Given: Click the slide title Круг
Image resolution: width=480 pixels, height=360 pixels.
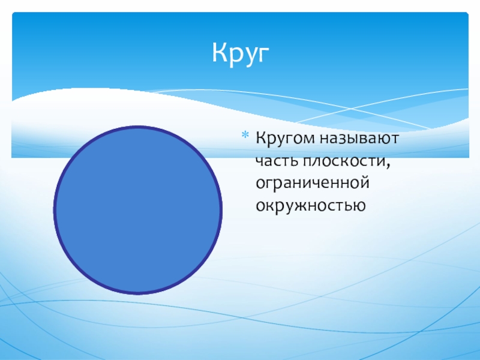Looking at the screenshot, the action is (x=241, y=53).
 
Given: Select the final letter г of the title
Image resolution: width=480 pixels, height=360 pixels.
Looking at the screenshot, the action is (x=263, y=55).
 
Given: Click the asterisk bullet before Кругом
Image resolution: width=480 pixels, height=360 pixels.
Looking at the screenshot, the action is (x=245, y=134).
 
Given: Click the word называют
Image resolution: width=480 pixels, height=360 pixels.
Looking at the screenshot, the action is (x=359, y=139).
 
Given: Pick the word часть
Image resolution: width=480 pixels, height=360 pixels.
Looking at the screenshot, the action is (x=277, y=161).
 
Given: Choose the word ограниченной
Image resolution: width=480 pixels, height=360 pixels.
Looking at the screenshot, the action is (x=313, y=184).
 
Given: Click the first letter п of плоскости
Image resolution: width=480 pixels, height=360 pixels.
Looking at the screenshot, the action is (x=308, y=161).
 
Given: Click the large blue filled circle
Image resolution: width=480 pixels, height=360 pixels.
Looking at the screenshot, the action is (x=138, y=210).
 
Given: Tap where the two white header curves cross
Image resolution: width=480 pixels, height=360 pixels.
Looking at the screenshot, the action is (x=351, y=109).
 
